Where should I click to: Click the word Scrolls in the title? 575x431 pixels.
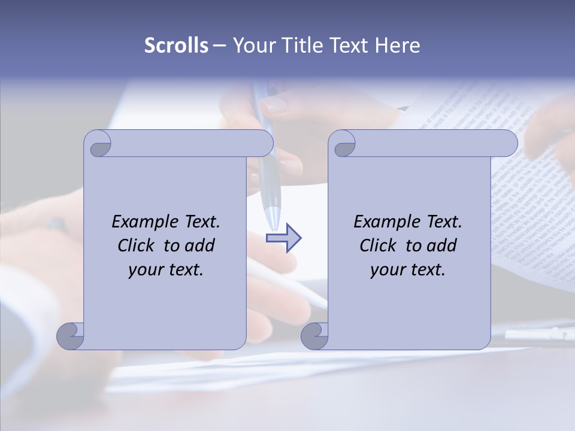pyautogui.click(x=176, y=45)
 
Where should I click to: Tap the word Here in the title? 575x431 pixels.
pyautogui.click(x=398, y=45)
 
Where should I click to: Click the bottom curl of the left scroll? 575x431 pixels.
pyautogui.click(x=70, y=336)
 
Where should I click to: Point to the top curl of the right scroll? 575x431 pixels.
pyautogui.click(x=344, y=144)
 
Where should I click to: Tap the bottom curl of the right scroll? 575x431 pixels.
pyautogui.click(x=314, y=336)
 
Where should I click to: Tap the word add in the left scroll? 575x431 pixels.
pyautogui.click(x=201, y=245)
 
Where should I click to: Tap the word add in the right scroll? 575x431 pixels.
pyautogui.click(x=443, y=245)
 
